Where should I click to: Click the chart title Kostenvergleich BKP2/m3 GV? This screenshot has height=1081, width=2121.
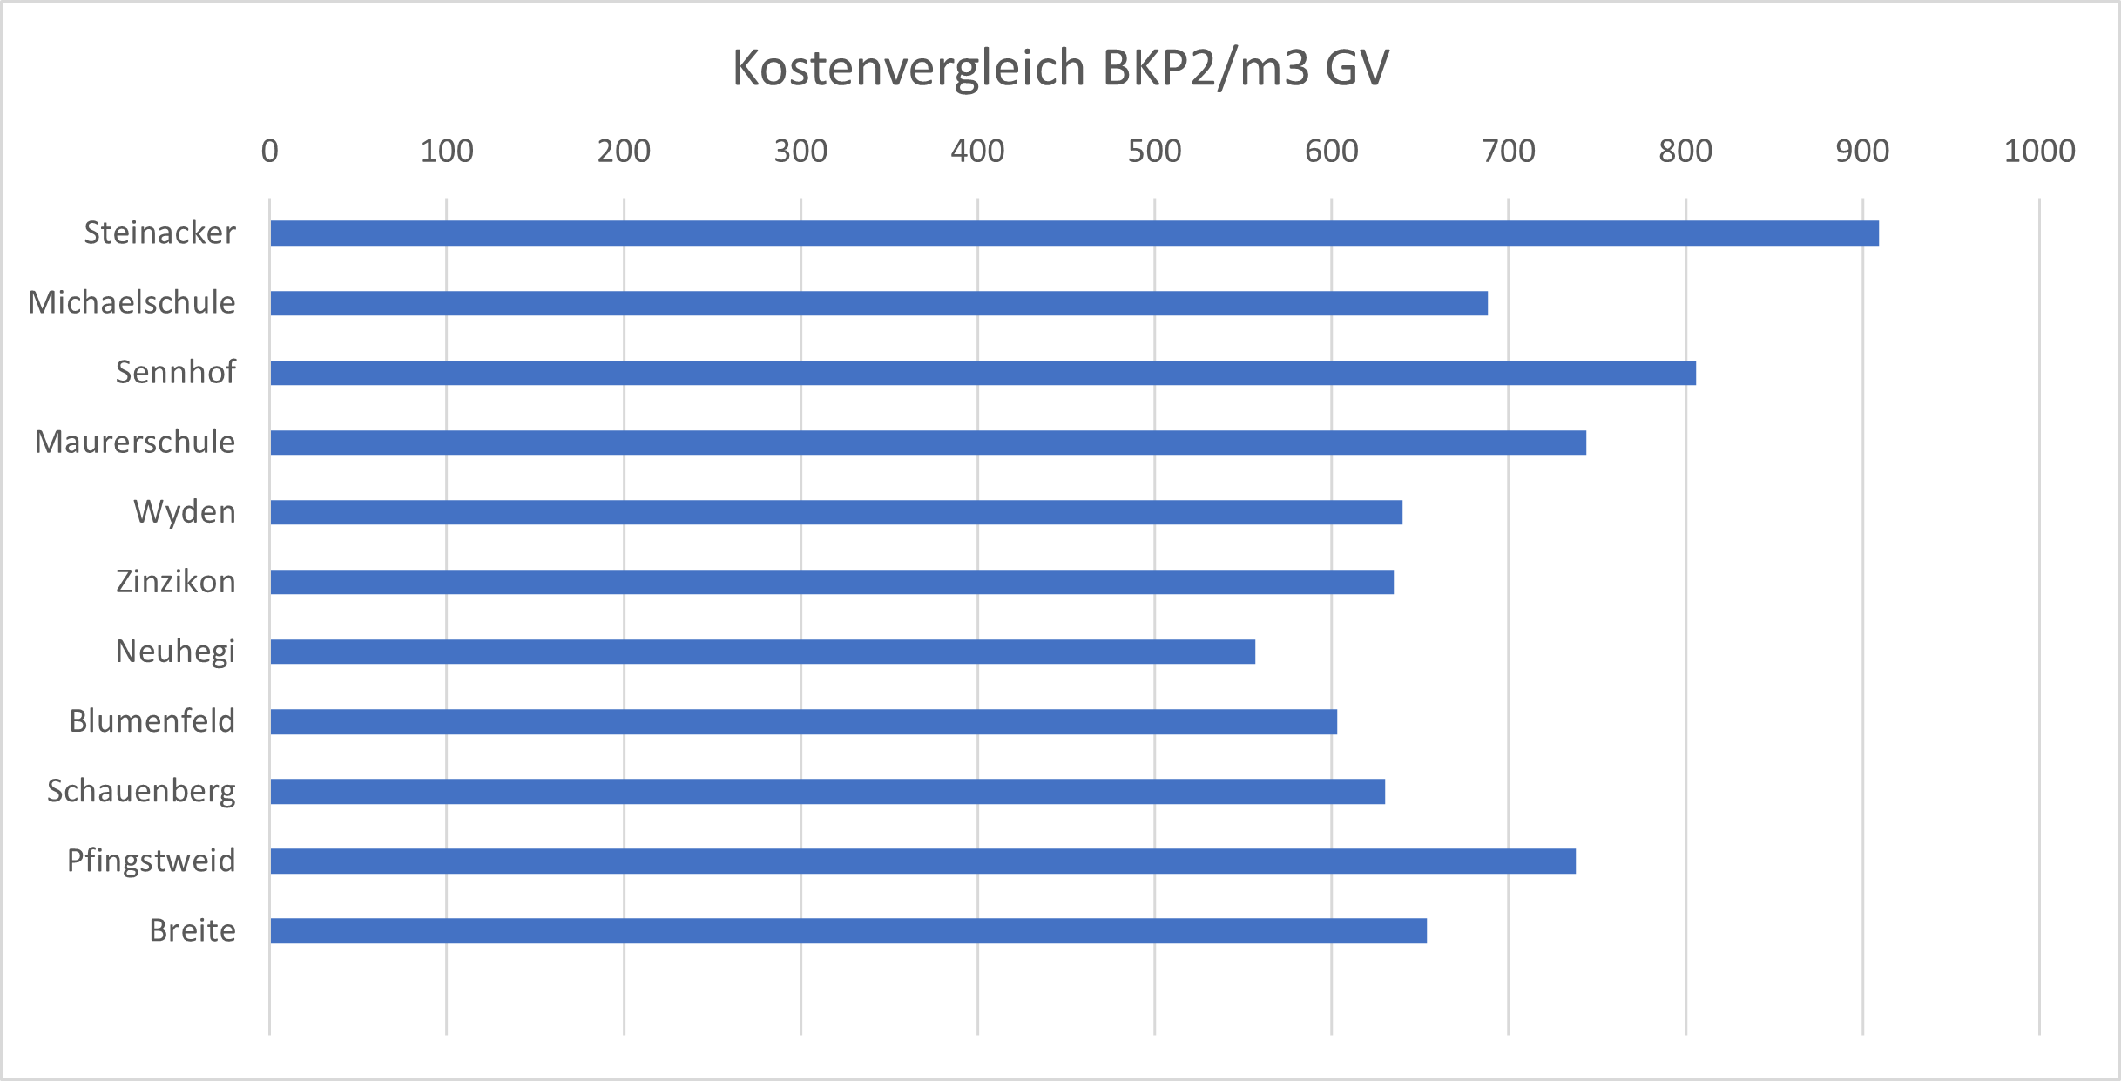pos(1060,68)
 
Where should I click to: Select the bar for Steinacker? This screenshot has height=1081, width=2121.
pos(1073,233)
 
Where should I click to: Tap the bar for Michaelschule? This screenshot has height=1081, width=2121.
pos(878,303)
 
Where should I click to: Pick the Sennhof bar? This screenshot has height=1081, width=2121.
pos(983,373)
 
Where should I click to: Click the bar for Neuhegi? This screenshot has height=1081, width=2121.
pos(762,652)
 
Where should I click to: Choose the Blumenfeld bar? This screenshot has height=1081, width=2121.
pos(803,722)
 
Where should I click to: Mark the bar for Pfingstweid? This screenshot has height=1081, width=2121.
pos(922,861)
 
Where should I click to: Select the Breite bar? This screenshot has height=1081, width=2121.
pos(848,931)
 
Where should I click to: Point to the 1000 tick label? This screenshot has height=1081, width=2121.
pos(2039,152)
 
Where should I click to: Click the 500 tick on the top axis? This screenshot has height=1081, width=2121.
pos(1154,152)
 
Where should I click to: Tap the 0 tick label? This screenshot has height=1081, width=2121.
pos(270,152)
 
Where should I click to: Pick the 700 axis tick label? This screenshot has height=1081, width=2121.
pos(1509,152)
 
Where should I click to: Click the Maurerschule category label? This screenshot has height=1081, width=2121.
pos(135,443)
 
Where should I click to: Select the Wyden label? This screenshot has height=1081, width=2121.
pos(185,512)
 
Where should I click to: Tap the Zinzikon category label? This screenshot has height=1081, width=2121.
pos(176,582)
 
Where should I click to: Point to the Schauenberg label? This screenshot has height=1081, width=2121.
pos(141,792)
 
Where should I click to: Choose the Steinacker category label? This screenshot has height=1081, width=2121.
pos(159,233)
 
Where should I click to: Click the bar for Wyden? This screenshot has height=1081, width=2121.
pos(835,512)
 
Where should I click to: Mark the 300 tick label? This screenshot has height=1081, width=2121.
pos(800,152)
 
